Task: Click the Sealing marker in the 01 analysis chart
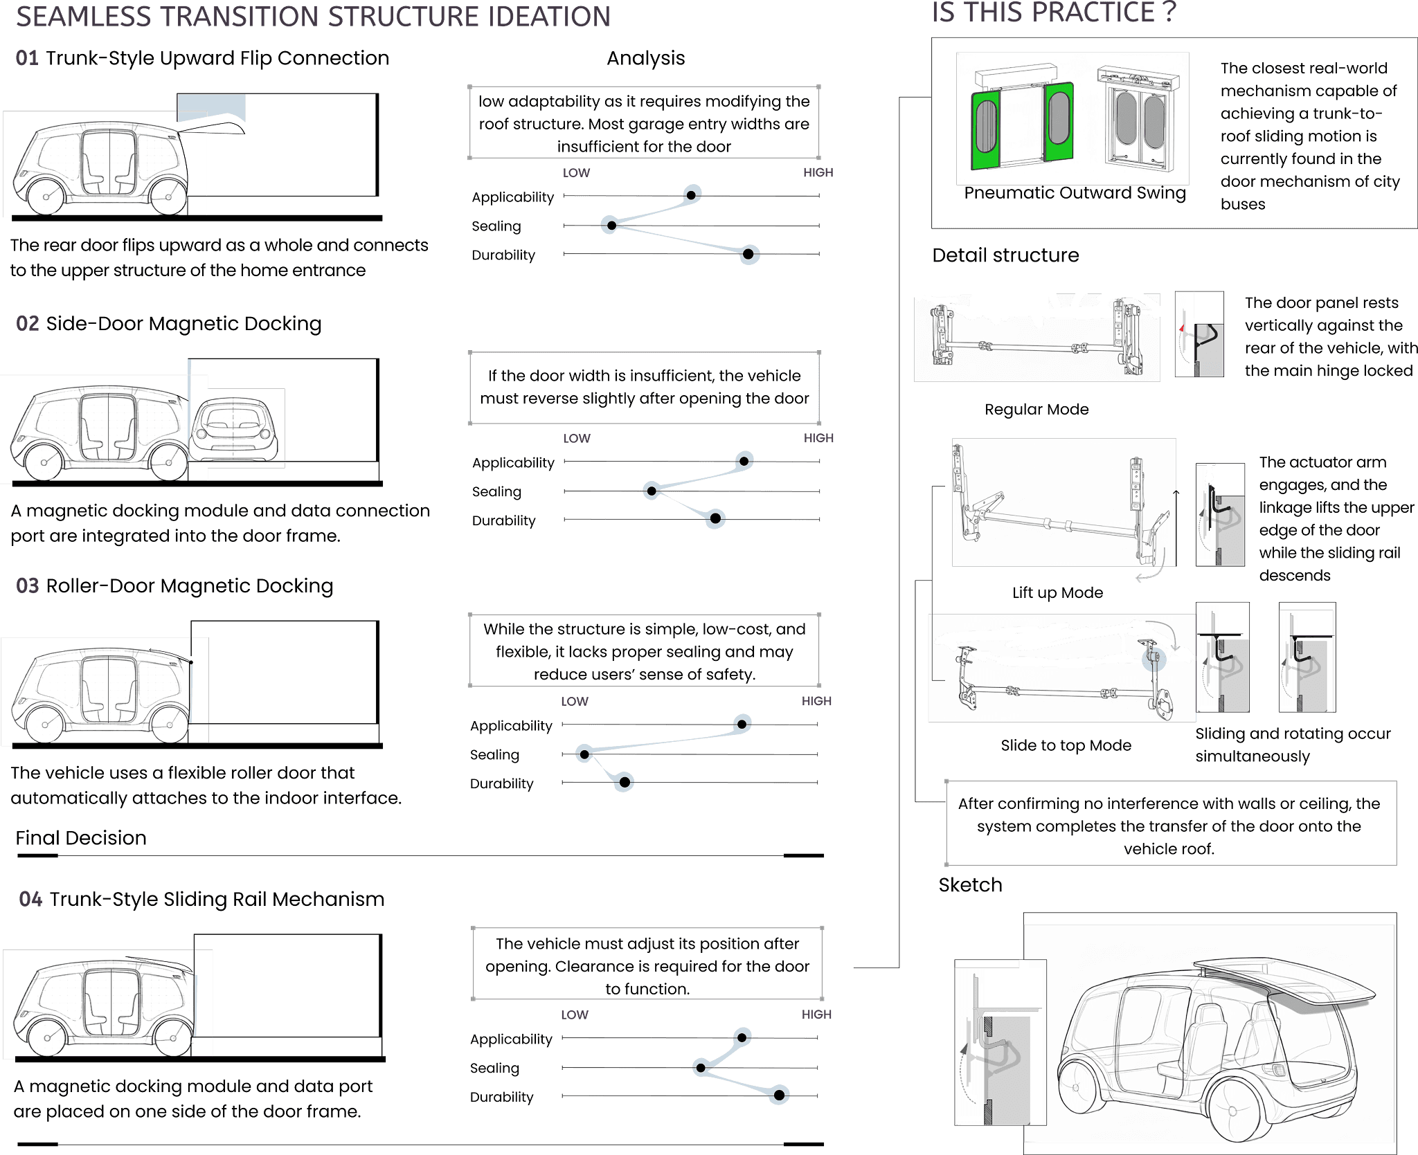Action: (610, 225)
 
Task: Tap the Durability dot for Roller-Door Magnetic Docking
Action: (624, 782)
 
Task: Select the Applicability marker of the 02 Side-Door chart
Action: (744, 460)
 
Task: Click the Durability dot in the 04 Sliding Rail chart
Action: (779, 1095)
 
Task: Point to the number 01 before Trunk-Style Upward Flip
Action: (27, 58)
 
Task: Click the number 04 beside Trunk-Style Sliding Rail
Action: (30, 899)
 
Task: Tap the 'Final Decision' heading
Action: (81, 838)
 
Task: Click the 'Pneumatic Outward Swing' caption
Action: (1075, 193)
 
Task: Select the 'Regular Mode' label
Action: (1036, 410)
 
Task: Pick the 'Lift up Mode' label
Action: (1057, 593)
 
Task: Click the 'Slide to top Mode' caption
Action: (1066, 745)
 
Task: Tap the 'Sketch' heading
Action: (970, 885)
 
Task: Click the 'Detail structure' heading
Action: (1005, 255)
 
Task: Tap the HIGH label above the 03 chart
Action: (816, 701)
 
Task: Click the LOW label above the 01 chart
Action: (576, 173)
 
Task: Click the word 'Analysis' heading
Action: (645, 59)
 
